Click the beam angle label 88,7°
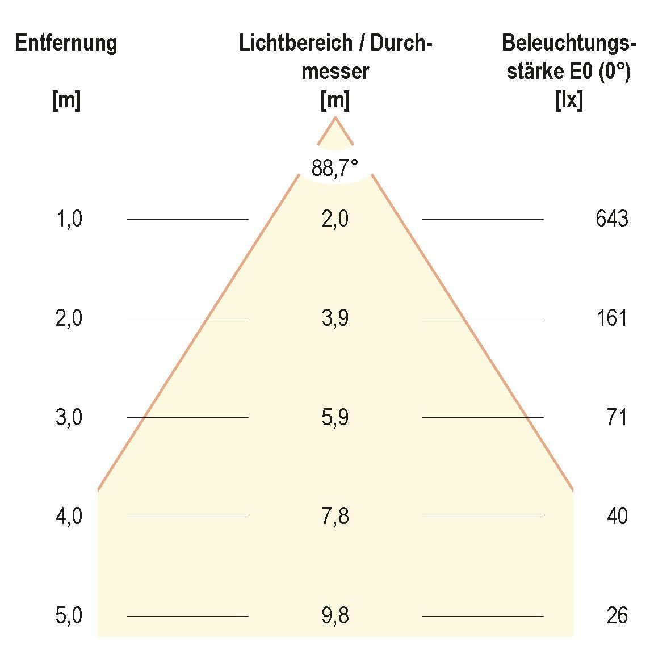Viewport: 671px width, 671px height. (x=335, y=168)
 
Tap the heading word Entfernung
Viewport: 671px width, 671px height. (x=66, y=43)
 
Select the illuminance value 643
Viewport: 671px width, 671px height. (x=612, y=219)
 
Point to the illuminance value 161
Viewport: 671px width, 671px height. (x=612, y=318)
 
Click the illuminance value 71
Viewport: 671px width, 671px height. (x=617, y=417)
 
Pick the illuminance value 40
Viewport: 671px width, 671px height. (x=617, y=517)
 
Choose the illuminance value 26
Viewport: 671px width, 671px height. (x=617, y=616)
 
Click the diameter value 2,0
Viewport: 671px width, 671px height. (x=335, y=219)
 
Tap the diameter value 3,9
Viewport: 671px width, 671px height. (x=335, y=318)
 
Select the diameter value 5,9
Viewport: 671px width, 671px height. (x=335, y=417)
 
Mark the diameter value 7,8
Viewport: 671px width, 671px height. (x=335, y=517)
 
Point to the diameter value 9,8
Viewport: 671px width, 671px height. (x=335, y=616)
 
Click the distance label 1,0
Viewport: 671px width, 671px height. (x=69, y=219)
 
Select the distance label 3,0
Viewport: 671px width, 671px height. (x=69, y=417)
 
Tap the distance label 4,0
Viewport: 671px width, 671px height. (x=69, y=517)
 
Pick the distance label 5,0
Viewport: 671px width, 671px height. (x=69, y=616)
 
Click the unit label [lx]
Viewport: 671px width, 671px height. (x=569, y=101)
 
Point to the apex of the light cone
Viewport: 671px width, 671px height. (x=335, y=118)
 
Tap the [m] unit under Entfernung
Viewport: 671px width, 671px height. (x=66, y=101)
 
